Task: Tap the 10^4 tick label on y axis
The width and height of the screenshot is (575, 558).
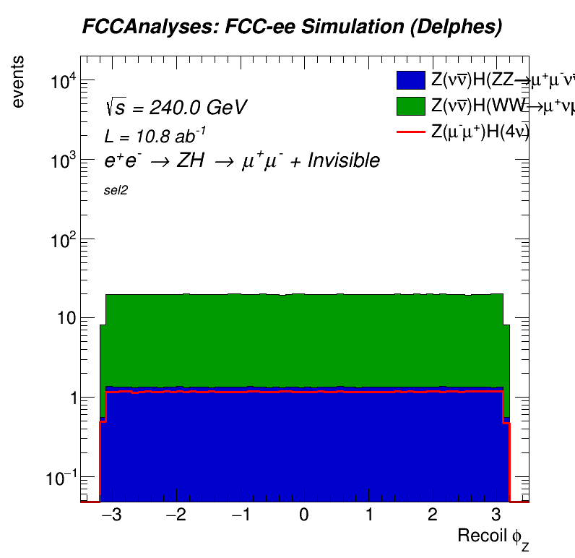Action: tap(63, 81)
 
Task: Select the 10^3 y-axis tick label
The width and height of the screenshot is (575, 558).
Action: tap(63, 160)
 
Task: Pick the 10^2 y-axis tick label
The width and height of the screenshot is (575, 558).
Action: tap(63, 240)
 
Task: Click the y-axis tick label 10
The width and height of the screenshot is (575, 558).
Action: tap(67, 319)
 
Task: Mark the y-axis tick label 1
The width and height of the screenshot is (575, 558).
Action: tap(72, 398)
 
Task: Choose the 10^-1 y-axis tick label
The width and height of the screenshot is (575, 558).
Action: tap(61, 478)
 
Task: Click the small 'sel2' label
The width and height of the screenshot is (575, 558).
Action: tap(116, 192)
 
